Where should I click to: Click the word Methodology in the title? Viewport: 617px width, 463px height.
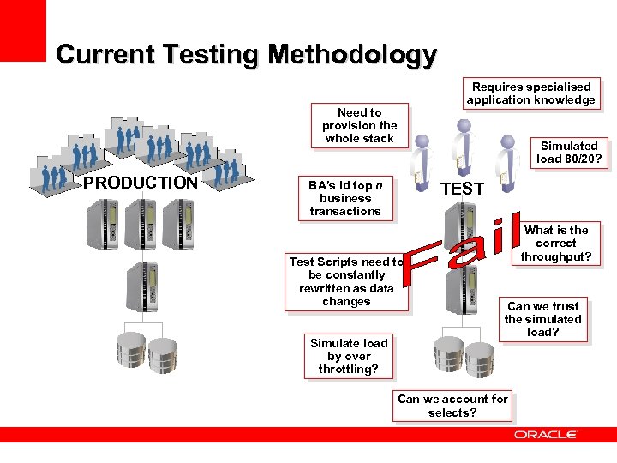[352, 54]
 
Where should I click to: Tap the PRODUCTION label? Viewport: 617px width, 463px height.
[141, 183]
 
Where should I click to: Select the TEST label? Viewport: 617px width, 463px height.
[462, 189]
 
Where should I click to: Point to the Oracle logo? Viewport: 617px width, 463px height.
[545, 435]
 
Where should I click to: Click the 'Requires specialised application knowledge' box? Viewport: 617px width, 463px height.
[531, 93]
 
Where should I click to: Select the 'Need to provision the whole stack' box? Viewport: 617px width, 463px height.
[360, 125]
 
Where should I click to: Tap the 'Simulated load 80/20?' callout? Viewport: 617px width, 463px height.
[569, 153]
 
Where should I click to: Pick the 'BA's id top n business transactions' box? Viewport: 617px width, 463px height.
[345, 198]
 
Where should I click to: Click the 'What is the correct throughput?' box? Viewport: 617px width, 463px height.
[556, 244]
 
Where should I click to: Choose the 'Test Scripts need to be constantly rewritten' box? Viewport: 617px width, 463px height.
[346, 282]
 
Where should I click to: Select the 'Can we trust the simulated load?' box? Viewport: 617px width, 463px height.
[543, 319]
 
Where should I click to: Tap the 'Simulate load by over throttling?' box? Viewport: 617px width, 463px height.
[349, 357]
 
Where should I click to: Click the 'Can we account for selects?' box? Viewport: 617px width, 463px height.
[452, 406]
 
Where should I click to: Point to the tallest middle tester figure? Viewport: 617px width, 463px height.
[464, 147]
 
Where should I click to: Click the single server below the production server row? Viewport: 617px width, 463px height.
[142, 286]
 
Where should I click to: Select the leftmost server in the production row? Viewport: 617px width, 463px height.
[102, 224]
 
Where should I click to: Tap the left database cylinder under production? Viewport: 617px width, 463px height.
[131, 350]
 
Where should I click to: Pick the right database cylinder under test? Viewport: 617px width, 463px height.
[480, 360]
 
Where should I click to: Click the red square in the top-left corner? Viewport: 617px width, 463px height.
[23, 31]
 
